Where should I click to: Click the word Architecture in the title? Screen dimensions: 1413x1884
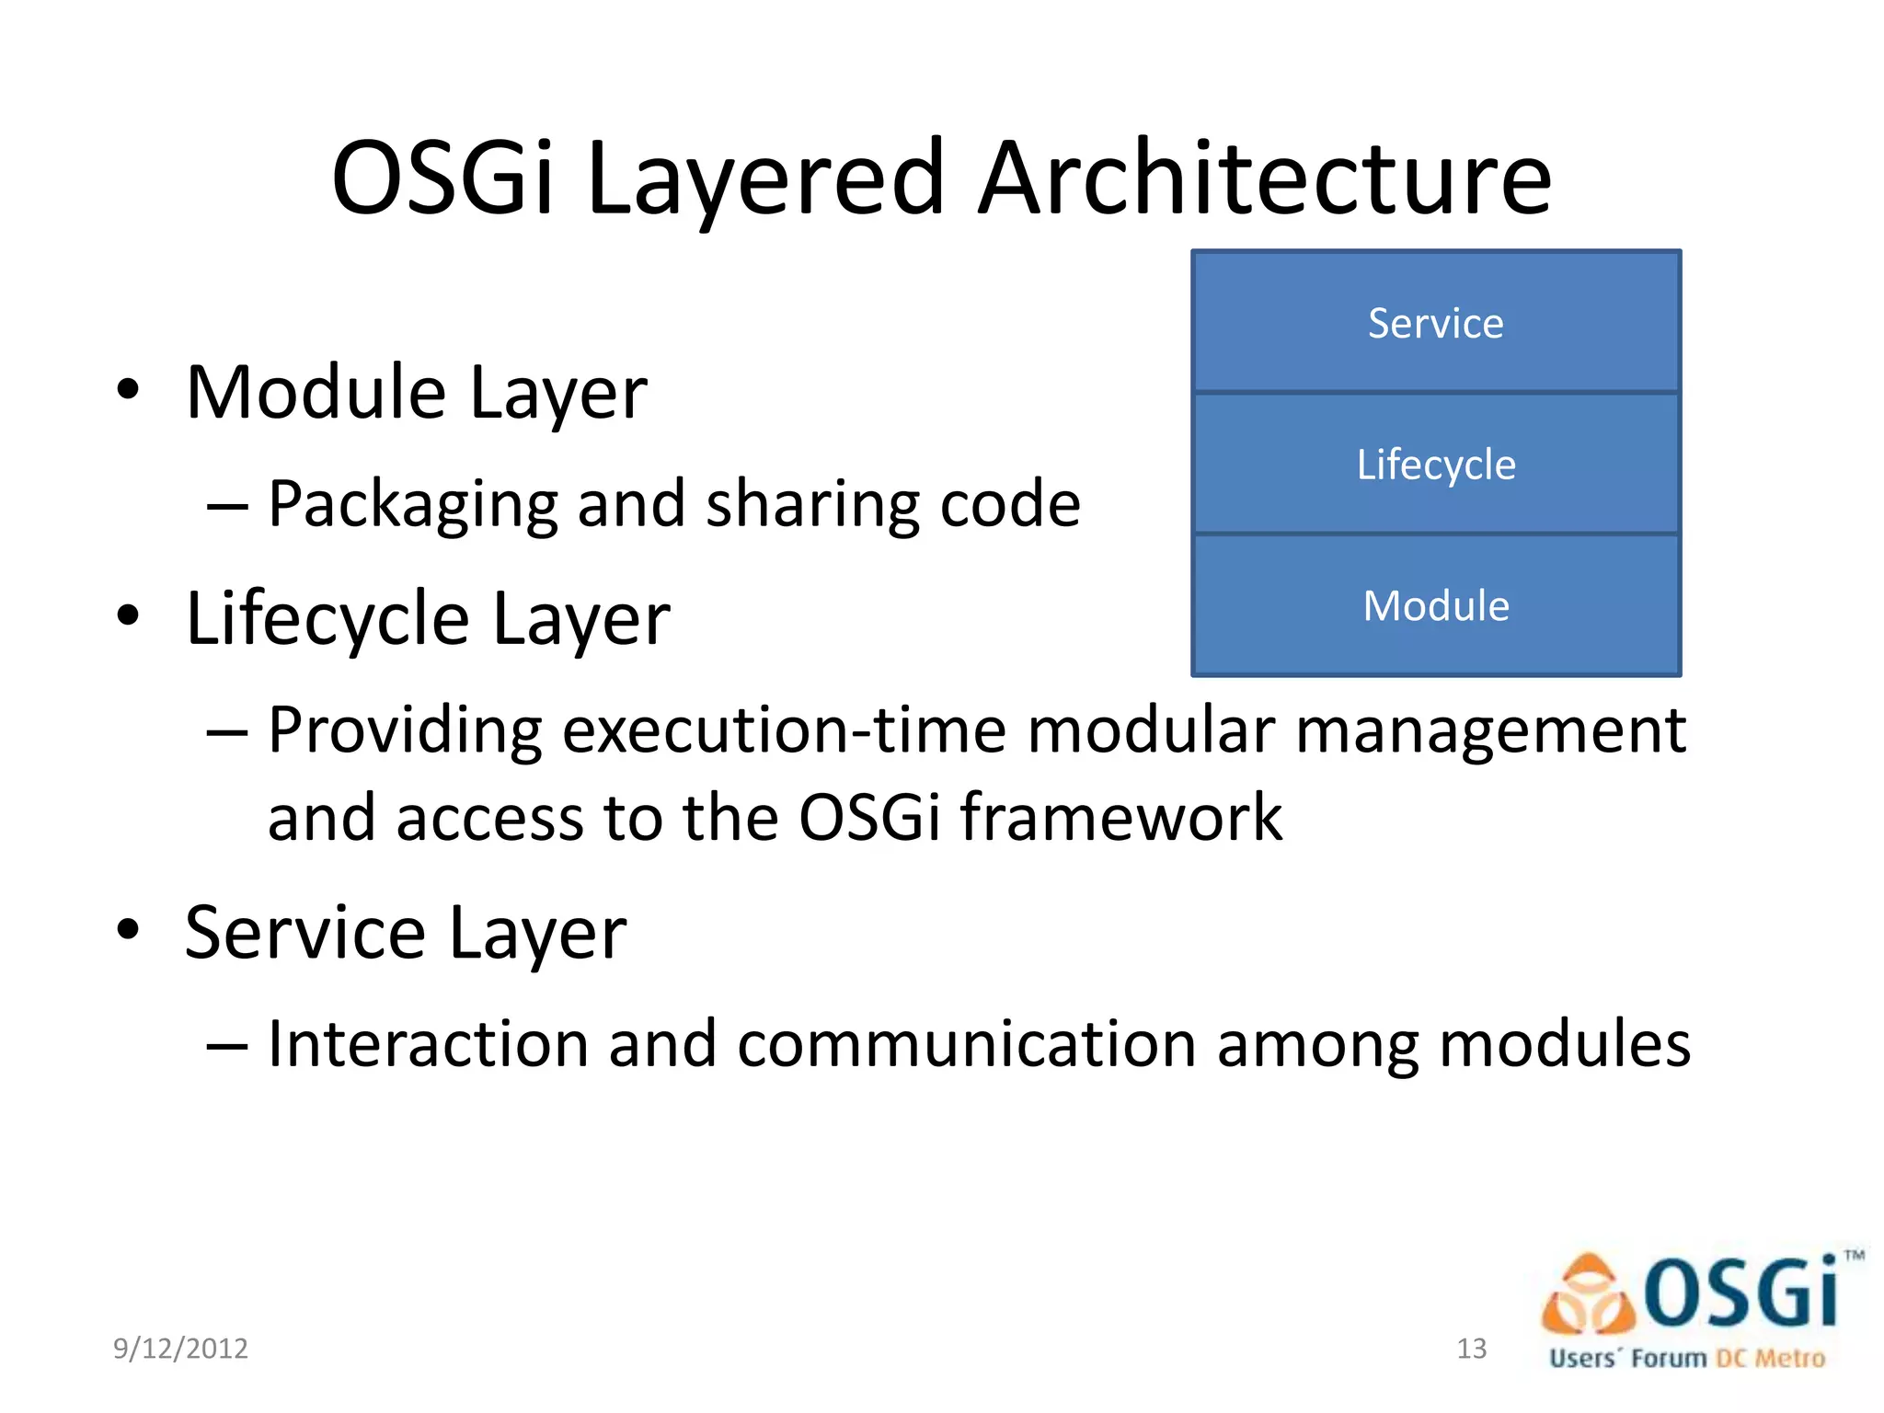coord(1264,178)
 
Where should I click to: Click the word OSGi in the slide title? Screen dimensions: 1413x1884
coord(442,178)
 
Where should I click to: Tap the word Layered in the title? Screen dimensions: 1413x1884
coord(765,180)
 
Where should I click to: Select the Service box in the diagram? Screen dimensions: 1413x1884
coord(1435,323)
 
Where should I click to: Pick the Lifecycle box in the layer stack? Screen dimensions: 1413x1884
coord(1435,465)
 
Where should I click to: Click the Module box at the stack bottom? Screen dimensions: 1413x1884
coord(1435,606)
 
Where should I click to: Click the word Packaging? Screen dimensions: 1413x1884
coord(412,505)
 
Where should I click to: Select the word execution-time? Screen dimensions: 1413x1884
coord(784,730)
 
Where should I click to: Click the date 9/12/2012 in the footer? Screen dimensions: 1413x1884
coord(180,1349)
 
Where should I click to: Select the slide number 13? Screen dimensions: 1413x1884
coord(1471,1349)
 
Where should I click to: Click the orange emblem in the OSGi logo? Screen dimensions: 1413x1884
coord(1588,1295)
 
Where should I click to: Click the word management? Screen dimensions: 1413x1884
coord(1490,730)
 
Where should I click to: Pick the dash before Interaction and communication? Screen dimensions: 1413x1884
coord(227,1046)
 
